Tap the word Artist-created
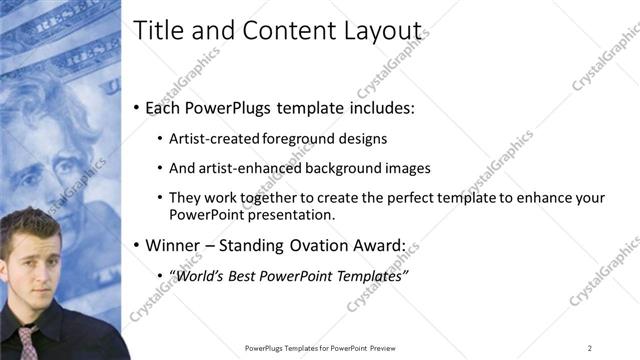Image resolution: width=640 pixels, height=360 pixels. coord(214,138)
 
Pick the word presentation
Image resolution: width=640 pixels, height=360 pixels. coord(291,214)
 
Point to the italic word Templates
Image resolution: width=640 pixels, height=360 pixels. coord(369,275)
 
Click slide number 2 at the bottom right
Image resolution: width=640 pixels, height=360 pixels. coord(590,348)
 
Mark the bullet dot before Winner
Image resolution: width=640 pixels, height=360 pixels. coord(137,245)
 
